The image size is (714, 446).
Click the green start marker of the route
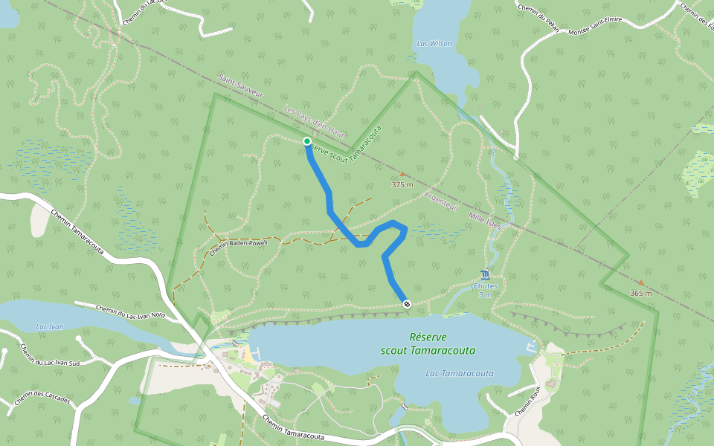tap(306, 141)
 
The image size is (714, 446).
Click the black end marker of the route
tap(406, 303)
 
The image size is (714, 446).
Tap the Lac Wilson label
tap(434, 44)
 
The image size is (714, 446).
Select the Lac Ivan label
tap(50, 326)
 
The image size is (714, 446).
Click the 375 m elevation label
tap(402, 184)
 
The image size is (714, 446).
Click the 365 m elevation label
tap(640, 293)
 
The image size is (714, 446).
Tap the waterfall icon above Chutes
tap(485, 274)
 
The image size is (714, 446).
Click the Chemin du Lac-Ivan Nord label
tap(130, 311)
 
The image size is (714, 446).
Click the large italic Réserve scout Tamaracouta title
tap(428, 343)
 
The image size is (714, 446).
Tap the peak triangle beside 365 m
tap(640, 283)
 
